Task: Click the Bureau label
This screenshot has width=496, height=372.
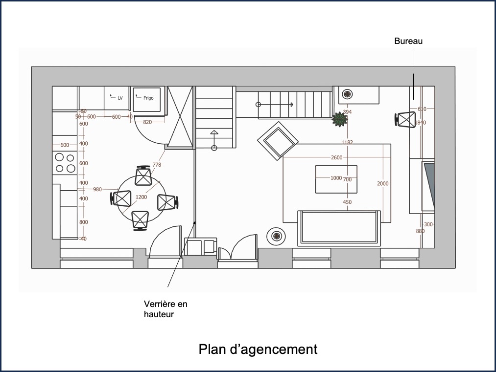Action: (x=408, y=42)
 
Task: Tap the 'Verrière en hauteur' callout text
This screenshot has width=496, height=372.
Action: (x=165, y=309)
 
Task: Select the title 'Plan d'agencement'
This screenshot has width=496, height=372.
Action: (x=258, y=350)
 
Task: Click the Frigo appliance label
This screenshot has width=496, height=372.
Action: (x=148, y=98)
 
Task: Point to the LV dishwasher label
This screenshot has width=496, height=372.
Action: (x=120, y=98)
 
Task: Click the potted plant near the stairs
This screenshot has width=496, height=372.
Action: (x=339, y=119)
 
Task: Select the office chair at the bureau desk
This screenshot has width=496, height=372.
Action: (x=405, y=119)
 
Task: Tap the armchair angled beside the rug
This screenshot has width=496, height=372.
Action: (x=278, y=140)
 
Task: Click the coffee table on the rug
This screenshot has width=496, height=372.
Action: (x=336, y=179)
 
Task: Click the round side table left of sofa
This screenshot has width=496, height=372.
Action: (x=277, y=237)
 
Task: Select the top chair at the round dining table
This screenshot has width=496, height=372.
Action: (x=143, y=175)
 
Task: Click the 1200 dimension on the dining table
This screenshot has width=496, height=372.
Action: (x=141, y=197)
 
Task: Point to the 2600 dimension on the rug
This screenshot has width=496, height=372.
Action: (x=336, y=157)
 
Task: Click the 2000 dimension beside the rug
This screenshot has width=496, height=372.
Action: (x=382, y=183)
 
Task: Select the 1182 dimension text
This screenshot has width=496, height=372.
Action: (x=347, y=142)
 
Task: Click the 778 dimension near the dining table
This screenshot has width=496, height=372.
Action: (x=157, y=165)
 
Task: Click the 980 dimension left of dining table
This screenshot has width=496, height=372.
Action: (x=97, y=189)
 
